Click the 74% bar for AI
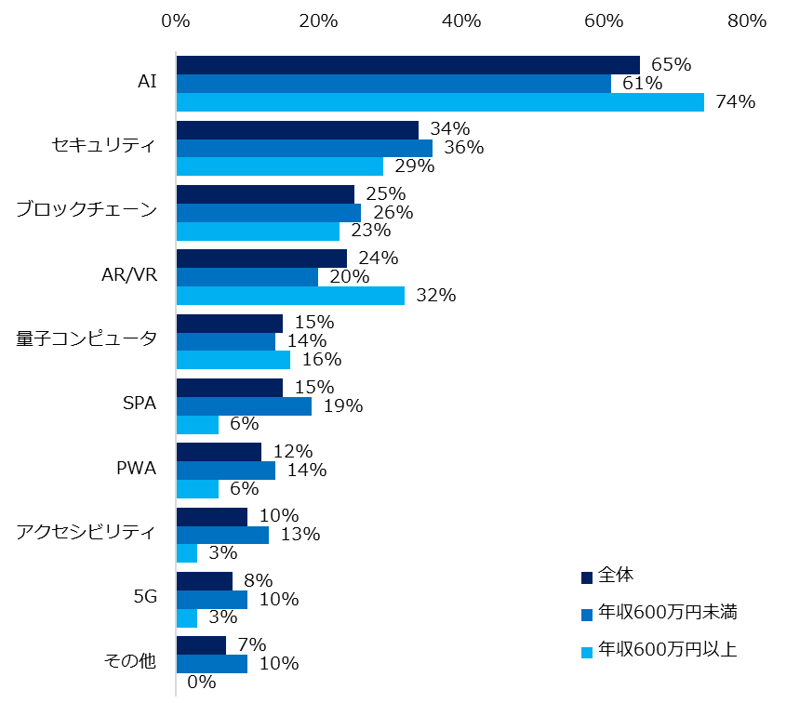click(440, 102)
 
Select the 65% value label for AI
click(671, 65)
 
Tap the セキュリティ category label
click(104, 146)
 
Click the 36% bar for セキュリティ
click(304, 148)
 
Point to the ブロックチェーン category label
click(87, 211)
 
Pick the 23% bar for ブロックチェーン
click(258, 231)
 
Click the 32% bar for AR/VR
click(290, 296)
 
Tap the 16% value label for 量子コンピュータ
click(322, 360)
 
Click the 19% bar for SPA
click(244, 405)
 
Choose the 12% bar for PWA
click(219, 452)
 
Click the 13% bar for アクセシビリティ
click(222, 535)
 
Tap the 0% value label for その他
click(201, 683)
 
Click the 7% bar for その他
click(201, 645)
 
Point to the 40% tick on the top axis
click(461, 20)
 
